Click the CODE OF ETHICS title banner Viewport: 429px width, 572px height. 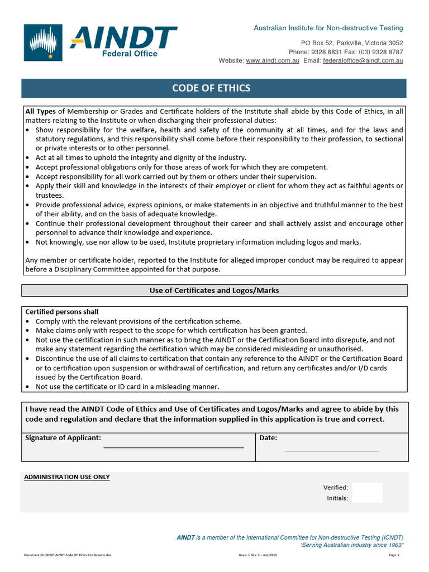click(x=211, y=88)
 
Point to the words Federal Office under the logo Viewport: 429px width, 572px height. click(x=130, y=54)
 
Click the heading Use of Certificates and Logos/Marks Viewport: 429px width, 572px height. click(x=214, y=290)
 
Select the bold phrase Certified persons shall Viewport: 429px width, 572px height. click(x=62, y=312)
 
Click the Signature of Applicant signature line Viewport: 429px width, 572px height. click(x=173, y=446)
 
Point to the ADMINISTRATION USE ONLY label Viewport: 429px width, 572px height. click(x=67, y=477)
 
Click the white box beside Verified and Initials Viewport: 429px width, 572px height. click(x=368, y=493)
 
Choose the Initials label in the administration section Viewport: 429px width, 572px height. click(x=337, y=498)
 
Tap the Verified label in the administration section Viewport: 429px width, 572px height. click(x=336, y=488)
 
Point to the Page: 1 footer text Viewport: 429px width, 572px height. click(x=394, y=555)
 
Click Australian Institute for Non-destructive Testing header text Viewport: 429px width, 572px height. click(x=328, y=28)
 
